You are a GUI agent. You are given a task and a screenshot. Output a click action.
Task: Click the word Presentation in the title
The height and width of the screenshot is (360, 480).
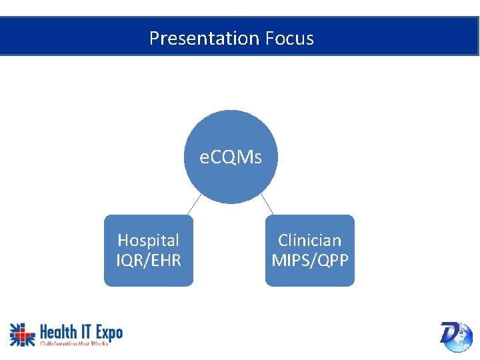point(204,38)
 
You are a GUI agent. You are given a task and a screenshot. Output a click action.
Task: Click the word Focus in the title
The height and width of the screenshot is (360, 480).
point(289,38)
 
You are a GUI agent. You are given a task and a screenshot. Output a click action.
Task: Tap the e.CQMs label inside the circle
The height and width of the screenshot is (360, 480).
point(231,157)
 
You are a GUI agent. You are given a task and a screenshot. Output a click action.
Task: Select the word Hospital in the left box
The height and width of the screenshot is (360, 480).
point(148,240)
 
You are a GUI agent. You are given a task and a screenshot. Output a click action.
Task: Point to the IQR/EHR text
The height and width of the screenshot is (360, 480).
point(148,260)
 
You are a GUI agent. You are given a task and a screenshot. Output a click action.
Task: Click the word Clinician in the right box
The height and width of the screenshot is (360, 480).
point(309,240)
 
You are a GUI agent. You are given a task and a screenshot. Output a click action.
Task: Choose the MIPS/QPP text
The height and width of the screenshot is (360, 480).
point(309,260)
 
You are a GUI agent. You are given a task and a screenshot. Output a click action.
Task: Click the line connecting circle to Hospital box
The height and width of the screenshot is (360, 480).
point(194,204)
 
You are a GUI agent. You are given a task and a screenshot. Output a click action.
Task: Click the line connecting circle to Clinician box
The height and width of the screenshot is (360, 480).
point(267,204)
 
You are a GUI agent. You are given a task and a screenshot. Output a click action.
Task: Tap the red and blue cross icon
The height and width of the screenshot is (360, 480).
point(22,333)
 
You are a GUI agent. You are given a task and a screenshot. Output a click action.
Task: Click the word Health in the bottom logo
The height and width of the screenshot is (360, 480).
point(58,331)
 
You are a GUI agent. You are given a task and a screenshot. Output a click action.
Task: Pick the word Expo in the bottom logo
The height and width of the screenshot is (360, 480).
point(109,331)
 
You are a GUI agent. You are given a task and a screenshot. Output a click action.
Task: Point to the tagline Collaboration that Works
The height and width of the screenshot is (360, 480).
point(74,344)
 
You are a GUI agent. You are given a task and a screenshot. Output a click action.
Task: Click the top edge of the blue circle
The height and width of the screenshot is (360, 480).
point(231,111)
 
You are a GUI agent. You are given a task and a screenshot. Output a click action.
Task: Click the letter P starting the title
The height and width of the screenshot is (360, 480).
point(154,38)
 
